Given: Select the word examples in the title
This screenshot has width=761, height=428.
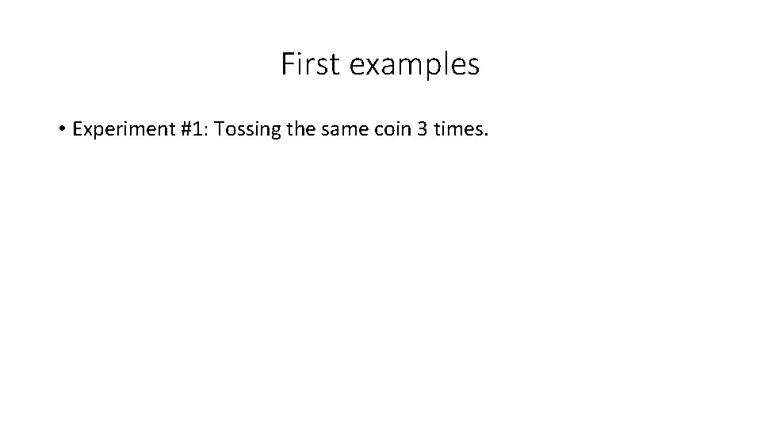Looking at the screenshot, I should pyautogui.click(x=414, y=66).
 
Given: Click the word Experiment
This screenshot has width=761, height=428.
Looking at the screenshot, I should pyautogui.click(x=119, y=129).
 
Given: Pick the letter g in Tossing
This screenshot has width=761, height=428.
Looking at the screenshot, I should pyautogui.click(x=274, y=132).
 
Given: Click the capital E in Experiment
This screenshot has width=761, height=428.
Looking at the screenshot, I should pyautogui.click(x=77, y=128).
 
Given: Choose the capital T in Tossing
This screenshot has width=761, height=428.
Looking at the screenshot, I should pyautogui.click(x=219, y=128).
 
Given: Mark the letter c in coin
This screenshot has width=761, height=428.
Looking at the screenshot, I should pyautogui.click(x=379, y=130).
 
